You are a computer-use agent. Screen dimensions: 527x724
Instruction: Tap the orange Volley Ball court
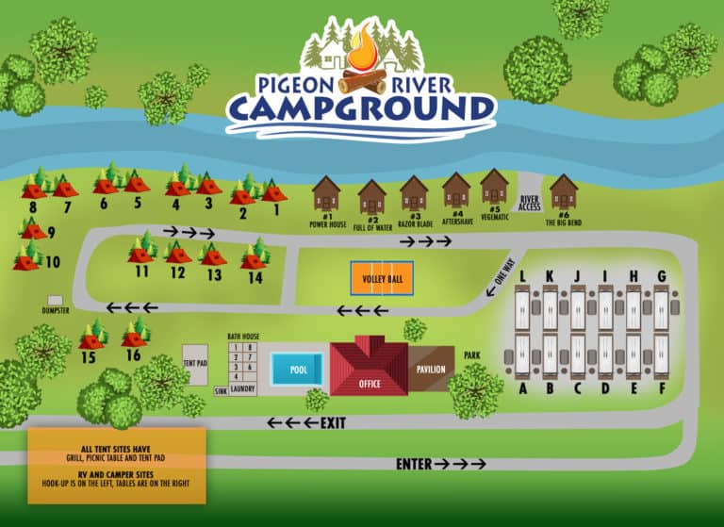383,278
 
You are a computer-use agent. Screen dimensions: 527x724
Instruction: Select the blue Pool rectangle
298,369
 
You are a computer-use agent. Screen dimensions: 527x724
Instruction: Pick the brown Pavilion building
431,368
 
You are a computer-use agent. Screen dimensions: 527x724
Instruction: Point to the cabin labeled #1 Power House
326,195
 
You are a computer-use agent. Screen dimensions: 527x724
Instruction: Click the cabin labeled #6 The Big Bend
564,192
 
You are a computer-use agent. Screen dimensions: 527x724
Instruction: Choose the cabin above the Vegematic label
494,187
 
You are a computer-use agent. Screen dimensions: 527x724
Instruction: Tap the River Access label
530,204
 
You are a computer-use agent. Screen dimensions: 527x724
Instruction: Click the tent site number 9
51,231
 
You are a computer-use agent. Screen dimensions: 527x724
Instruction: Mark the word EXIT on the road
333,422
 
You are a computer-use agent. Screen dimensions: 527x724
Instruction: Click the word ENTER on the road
414,464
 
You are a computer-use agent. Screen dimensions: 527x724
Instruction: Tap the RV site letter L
522,275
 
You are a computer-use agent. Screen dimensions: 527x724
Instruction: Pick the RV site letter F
662,388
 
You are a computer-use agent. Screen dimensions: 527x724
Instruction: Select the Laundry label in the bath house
242,387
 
